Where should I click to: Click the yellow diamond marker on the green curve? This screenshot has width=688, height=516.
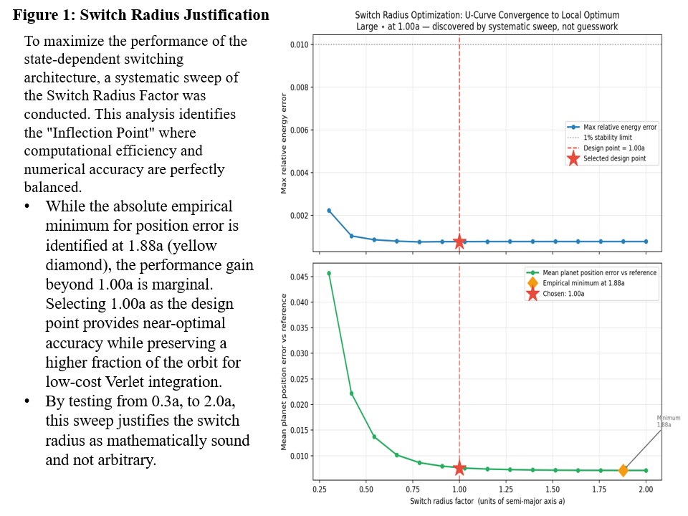coord(623,470)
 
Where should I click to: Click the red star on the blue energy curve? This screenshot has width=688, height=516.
coord(459,242)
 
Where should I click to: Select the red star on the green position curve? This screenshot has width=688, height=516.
coord(459,468)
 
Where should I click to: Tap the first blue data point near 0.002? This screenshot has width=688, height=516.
coord(329,211)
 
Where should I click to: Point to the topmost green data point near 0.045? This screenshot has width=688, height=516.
coord(329,273)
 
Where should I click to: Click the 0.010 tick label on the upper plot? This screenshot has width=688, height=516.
coord(300,44)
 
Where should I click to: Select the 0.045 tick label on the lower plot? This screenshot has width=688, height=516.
coord(300,277)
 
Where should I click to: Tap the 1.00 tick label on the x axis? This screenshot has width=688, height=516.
coord(459,489)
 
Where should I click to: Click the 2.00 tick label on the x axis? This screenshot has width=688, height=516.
coord(646,489)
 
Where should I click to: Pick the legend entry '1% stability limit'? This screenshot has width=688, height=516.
coord(607,138)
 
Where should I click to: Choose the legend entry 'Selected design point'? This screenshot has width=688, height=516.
coord(614,158)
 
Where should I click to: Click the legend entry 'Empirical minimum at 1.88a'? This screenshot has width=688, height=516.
coord(583,283)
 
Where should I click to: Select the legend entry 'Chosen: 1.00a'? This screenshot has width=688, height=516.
coord(563,294)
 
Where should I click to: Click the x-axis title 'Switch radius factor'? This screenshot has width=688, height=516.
coord(442,501)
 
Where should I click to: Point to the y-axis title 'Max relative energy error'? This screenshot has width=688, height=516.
coord(284,143)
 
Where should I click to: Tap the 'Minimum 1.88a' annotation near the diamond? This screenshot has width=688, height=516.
coord(668,421)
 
